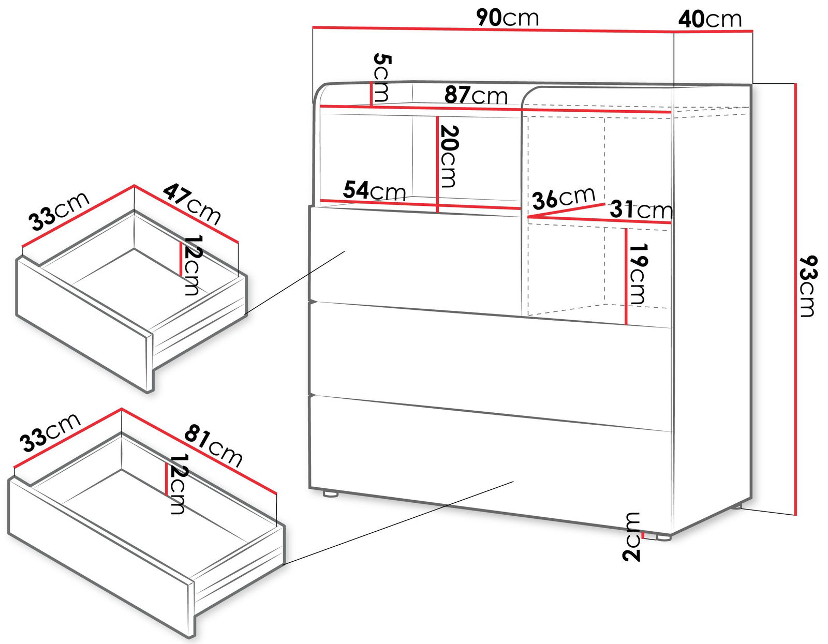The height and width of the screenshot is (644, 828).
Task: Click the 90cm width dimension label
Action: tap(508, 18)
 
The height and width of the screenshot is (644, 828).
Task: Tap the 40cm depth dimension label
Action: tap(710, 20)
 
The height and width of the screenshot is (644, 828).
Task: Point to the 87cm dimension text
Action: tap(476, 95)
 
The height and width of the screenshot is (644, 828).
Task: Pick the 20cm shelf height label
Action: tap(448, 156)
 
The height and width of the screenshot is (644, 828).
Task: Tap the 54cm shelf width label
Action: tap(374, 190)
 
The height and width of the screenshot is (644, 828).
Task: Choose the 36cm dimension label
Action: tap(564, 198)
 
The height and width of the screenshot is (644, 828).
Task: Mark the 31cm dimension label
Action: tap(641, 209)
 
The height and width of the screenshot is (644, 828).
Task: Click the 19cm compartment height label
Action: tap(637, 274)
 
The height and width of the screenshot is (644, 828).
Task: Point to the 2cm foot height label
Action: tap(631, 536)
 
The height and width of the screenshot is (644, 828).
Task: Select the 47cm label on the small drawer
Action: tap(192, 204)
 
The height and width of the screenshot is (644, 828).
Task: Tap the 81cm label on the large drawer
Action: tap(213, 445)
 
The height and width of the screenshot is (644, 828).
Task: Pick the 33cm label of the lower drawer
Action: tap(50, 432)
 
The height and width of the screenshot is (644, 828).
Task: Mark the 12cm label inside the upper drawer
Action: tap(191, 265)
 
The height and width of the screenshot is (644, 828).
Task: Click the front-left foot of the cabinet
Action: tap(330, 493)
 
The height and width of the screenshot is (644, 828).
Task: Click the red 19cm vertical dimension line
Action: tap(626, 276)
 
